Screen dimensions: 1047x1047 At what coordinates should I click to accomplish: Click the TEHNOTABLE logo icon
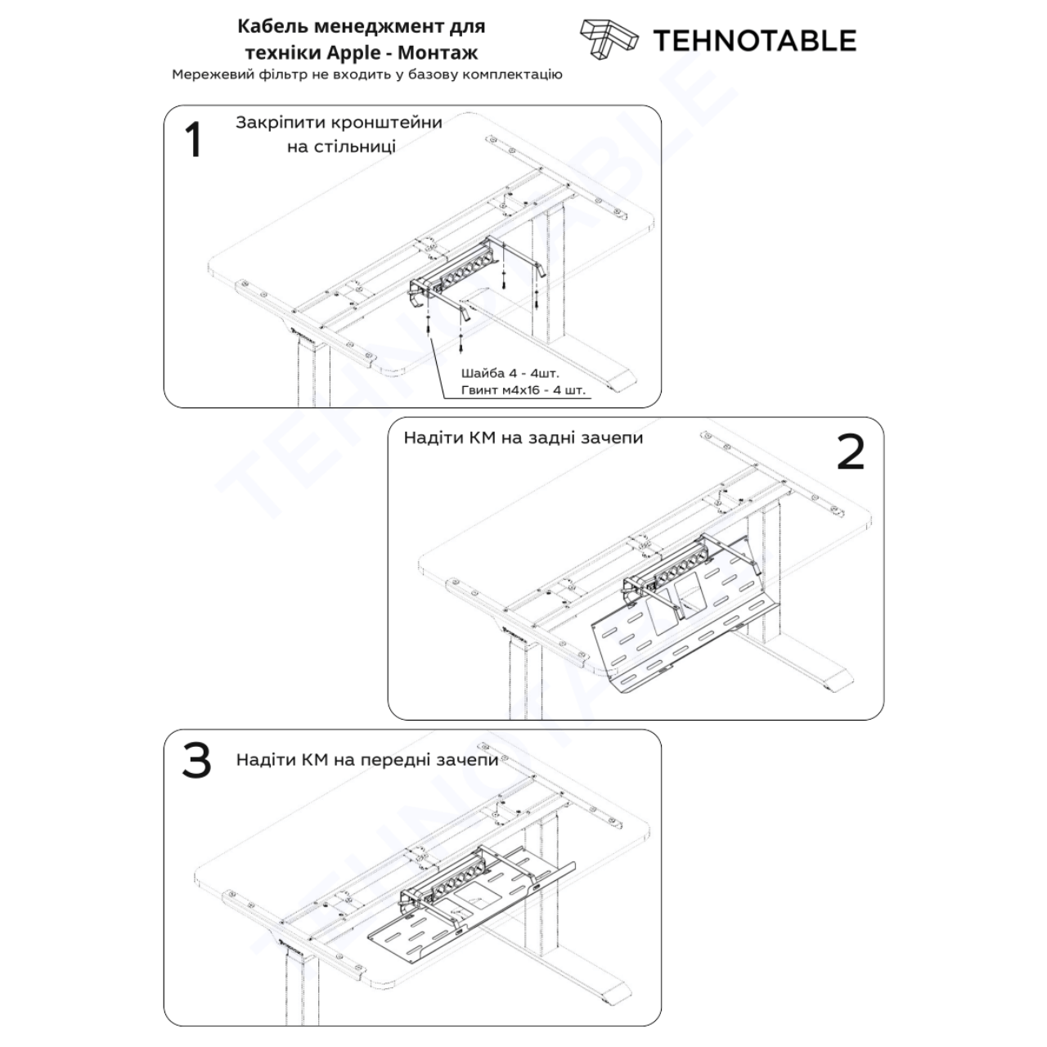pyautogui.click(x=609, y=39)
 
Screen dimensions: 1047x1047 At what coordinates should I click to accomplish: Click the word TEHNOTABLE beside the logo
pyautogui.click(x=755, y=41)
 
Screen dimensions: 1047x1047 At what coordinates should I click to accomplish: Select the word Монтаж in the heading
pyautogui.click(x=438, y=52)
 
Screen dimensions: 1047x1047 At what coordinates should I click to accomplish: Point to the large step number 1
pyautogui.click(x=193, y=140)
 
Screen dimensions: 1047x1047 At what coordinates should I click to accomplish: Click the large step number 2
pyautogui.click(x=851, y=452)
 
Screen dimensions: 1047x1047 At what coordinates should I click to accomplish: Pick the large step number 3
pyautogui.click(x=196, y=761)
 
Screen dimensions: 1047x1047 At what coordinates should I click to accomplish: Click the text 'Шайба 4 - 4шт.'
pyautogui.click(x=510, y=373)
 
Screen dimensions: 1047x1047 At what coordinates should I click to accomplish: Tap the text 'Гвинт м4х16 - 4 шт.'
pyautogui.click(x=523, y=390)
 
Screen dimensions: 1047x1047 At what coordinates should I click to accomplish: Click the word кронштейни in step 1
pyautogui.click(x=386, y=123)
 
